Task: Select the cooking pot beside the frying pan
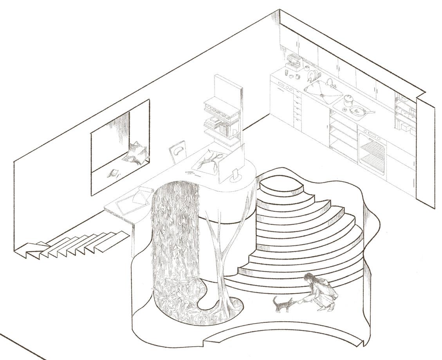coord(347,100)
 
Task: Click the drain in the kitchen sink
coord(322,94)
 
